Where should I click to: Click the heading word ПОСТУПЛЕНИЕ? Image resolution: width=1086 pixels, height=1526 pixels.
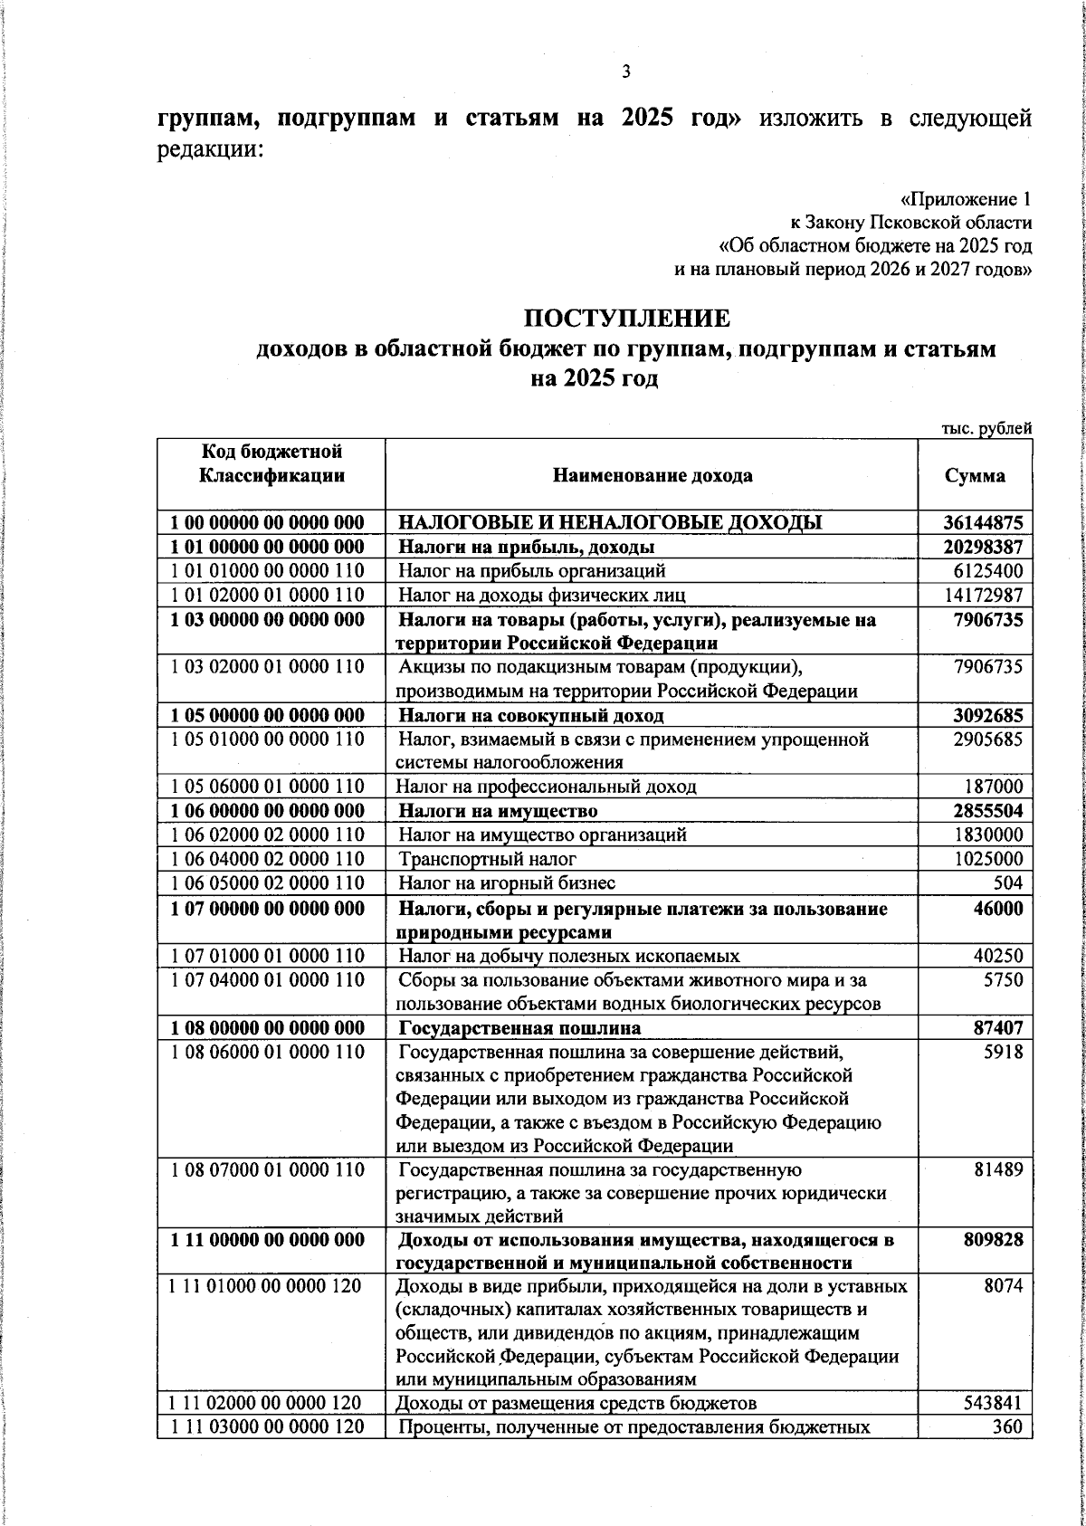pos(626,319)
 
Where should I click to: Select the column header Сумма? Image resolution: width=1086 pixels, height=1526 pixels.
pos(975,476)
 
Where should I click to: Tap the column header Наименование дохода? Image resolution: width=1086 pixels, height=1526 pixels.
pos(652,476)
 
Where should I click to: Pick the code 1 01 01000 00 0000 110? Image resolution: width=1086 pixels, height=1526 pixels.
pos(268,571)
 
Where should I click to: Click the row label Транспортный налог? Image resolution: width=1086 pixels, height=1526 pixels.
pos(488,859)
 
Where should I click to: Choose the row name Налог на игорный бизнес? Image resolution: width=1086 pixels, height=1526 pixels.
pos(508,883)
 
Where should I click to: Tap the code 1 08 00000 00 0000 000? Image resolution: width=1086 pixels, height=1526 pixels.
pos(268,1028)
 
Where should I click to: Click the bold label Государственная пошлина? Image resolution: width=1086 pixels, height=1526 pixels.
pos(519,1028)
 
